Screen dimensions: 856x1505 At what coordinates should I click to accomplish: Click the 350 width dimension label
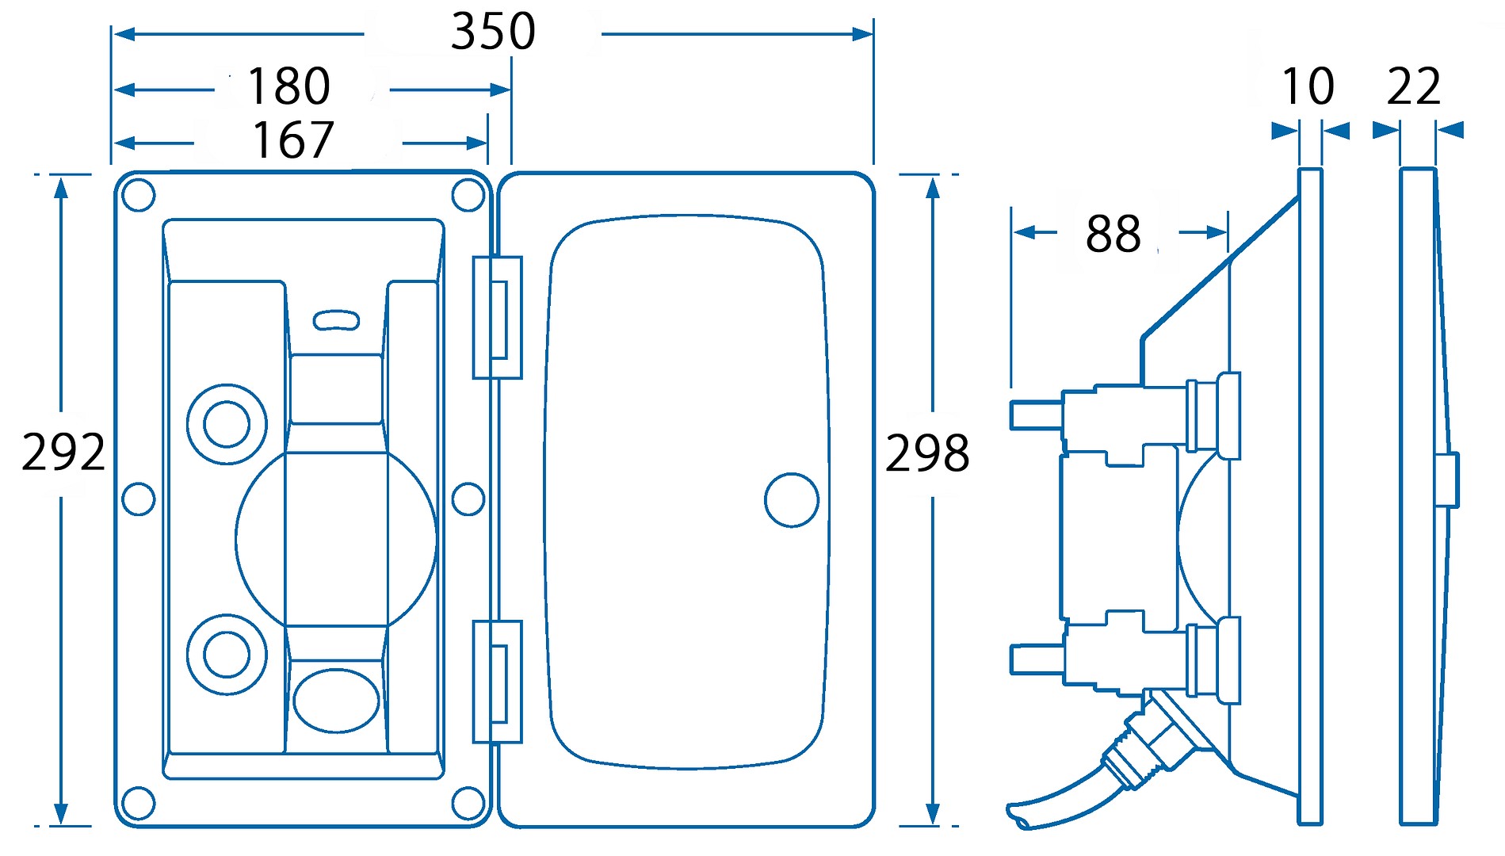click(493, 32)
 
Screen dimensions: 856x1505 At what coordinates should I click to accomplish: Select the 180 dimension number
click(288, 86)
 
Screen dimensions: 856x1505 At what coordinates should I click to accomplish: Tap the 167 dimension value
click(292, 141)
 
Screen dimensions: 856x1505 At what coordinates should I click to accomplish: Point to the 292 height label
click(63, 453)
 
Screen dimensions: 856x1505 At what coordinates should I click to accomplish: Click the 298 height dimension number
click(926, 453)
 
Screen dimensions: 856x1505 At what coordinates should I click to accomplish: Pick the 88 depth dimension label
click(1113, 234)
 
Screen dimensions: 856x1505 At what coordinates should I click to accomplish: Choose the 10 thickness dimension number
click(1308, 86)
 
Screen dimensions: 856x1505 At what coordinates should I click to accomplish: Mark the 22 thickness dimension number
click(1413, 86)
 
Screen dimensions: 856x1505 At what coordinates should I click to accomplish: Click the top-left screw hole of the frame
click(139, 195)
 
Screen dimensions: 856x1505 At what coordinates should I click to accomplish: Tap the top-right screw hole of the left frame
click(468, 195)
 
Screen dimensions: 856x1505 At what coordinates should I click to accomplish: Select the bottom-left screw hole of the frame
click(139, 803)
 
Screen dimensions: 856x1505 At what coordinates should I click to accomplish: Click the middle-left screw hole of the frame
click(139, 499)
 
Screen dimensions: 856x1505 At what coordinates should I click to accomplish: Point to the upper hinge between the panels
click(497, 318)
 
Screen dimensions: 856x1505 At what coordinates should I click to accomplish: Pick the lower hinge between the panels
click(497, 682)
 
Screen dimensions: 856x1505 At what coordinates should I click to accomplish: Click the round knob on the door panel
click(791, 500)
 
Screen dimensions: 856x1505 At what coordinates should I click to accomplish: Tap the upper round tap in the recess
click(227, 424)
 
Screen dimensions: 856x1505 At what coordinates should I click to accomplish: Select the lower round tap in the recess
click(227, 655)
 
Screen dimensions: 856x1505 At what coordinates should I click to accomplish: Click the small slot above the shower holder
click(336, 320)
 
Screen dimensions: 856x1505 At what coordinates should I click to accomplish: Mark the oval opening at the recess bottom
click(336, 701)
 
